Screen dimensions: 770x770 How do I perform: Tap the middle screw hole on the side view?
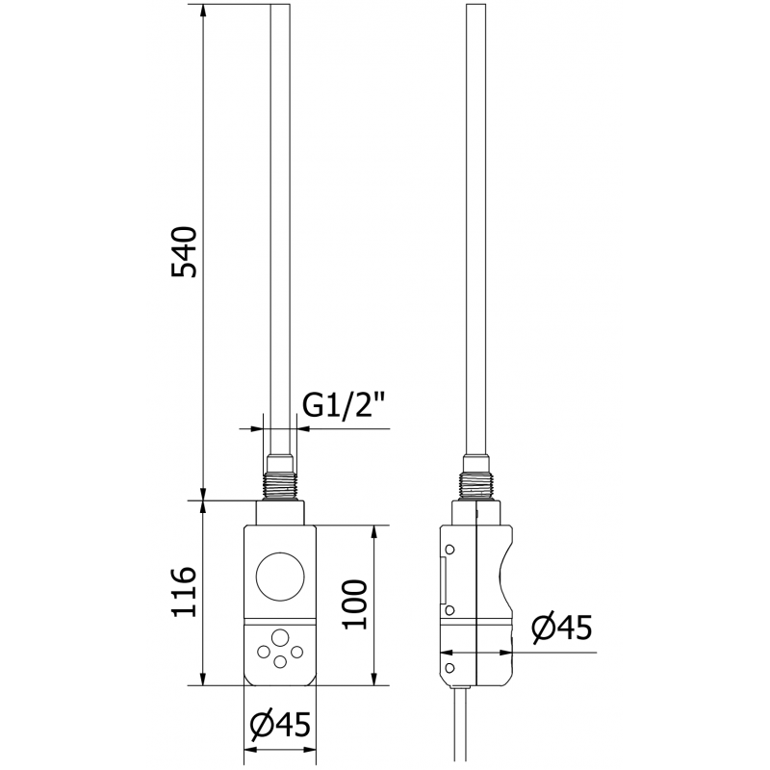(x=449, y=610)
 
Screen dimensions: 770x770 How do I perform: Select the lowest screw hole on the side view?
(x=449, y=665)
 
